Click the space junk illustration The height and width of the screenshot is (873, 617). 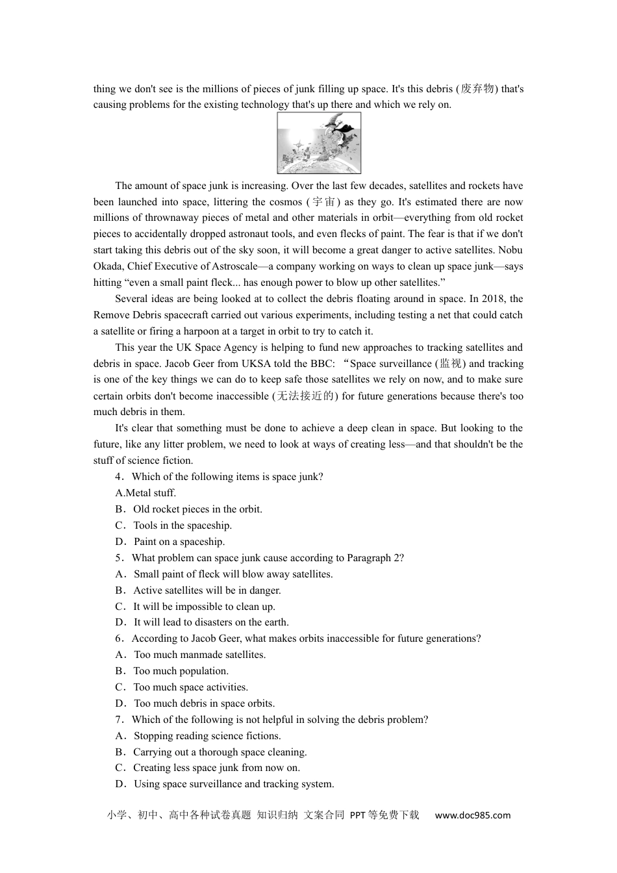pyautogui.click(x=319, y=143)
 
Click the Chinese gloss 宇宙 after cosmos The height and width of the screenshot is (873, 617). pyautogui.click(x=325, y=202)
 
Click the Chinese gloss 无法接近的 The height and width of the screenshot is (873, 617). pyautogui.click(x=305, y=396)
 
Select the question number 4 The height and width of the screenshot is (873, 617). pyautogui.click(x=119, y=477)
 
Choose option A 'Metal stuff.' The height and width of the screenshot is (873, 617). pyautogui.click(x=145, y=493)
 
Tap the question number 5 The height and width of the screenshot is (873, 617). pyautogui.click(x=119, y=558)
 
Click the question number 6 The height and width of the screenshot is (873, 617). pyautogui.click(x=119, y=639)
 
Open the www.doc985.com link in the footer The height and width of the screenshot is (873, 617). pyautogui.click(x=472, y=815)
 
